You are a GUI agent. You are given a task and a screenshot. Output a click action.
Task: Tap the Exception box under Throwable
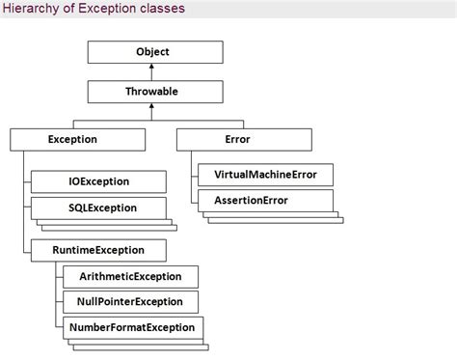[x=72, y=140]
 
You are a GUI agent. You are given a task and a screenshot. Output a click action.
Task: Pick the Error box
[x=237, y=140]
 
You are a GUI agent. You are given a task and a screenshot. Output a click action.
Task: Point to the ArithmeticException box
[x=124, y=277]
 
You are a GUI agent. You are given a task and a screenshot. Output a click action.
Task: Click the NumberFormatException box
[x=132, y=327]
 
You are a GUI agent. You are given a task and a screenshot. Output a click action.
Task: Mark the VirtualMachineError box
[x=265, y=175]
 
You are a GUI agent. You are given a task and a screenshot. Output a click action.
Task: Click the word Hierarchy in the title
[x=29, y=9]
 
